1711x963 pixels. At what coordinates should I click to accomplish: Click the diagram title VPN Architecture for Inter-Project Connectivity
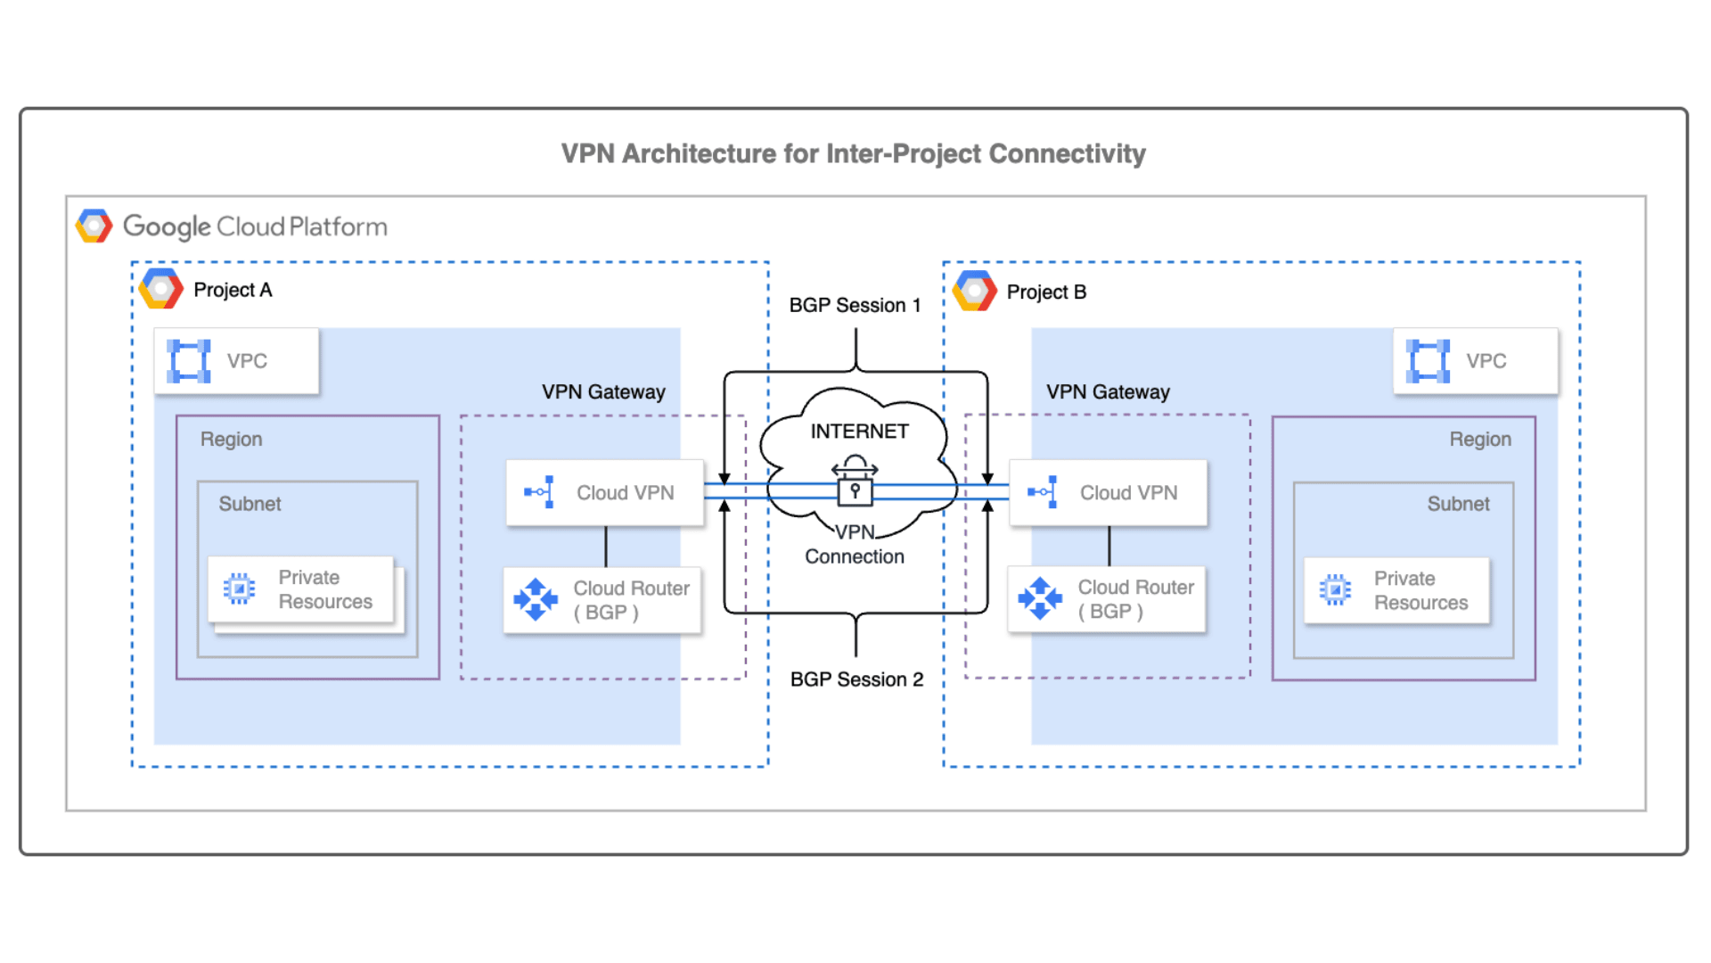[853, 153]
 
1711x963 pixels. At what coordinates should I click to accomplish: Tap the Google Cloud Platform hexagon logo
[94, 226]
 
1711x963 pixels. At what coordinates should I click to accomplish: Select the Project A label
[233, 290]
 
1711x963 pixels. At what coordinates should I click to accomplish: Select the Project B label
[1046, 292]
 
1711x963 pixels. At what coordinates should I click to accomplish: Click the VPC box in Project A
[236, 361]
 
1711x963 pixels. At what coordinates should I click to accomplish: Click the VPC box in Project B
[1475, 361]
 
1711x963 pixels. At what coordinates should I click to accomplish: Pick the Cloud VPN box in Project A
[605, 492]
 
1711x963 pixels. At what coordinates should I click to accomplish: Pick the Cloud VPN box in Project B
[1108, 492]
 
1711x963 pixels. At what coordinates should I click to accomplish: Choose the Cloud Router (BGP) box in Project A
[602, 600]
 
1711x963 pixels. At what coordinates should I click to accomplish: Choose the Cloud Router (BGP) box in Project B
[1107, 599]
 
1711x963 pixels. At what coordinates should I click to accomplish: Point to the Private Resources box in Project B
[1396, 590]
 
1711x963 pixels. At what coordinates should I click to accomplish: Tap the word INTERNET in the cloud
[859, 432]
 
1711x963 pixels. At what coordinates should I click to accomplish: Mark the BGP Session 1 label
[855, 305]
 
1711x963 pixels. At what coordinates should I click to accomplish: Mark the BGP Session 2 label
[856, 679]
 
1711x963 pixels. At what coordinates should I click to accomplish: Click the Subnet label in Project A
[250, 504]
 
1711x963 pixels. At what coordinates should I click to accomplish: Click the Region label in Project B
[1479, 440]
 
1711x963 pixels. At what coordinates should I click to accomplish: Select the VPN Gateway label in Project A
[603, 392]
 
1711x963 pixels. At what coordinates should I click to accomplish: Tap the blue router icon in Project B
[1040, 598]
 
